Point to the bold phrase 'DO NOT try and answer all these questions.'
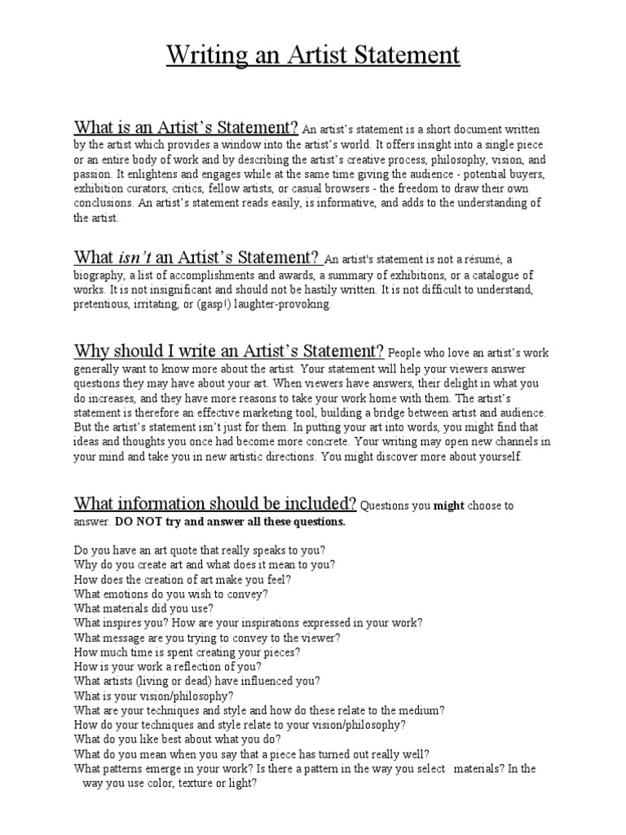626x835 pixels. pos(230,522)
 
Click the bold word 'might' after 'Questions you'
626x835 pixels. pos(448,506)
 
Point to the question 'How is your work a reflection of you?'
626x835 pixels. pos(170,665)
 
